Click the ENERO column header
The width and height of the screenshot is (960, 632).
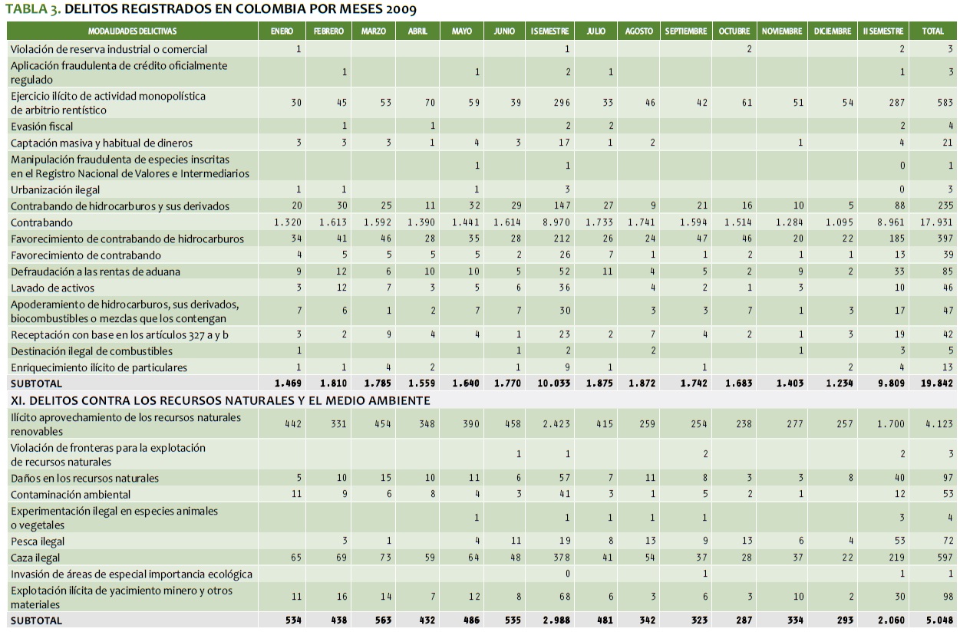click(281, 31)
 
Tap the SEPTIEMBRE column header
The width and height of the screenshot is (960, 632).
click(686, 31)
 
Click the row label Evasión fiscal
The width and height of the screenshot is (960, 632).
click(42, 127)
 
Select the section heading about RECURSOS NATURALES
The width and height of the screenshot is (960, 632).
click(219, 400)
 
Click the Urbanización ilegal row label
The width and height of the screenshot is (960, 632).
click(55, 190)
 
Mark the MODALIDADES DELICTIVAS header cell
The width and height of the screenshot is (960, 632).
click(132, 31)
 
